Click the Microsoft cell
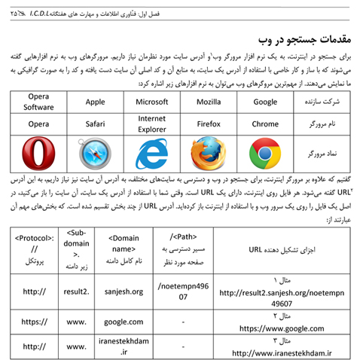click(x=151, y=101)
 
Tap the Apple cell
click(x=95, y=101)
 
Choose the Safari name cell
click(x=95, y=123)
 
